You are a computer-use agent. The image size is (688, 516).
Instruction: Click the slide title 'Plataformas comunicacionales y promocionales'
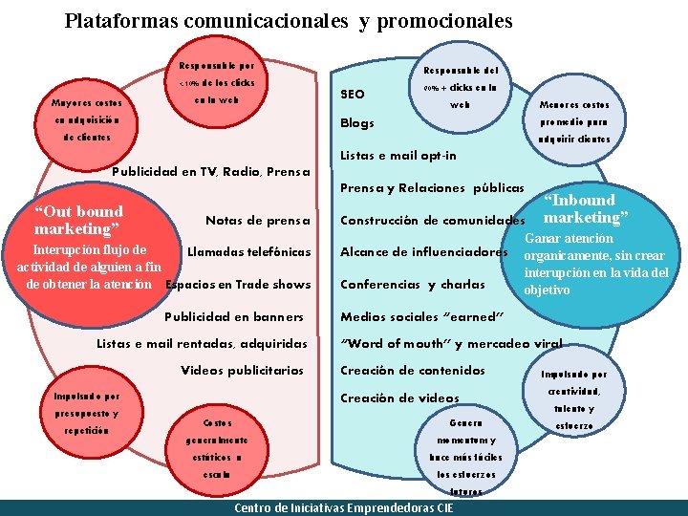point(289,20)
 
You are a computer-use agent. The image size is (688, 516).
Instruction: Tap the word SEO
point(353,94)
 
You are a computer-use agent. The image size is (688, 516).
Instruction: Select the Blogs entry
point(357,122)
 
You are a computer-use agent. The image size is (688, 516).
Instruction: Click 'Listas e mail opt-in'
point(398,156)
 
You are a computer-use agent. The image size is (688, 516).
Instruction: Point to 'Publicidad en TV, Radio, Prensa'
point(212,172)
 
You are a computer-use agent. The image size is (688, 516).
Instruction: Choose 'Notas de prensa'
point(258,221)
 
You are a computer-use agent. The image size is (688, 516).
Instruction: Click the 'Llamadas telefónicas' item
point(249,252)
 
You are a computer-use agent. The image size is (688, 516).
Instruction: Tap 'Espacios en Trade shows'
point(238,284)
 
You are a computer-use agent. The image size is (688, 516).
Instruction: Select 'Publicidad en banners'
point(235,316)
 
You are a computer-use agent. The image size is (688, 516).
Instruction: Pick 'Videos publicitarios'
point(243,370)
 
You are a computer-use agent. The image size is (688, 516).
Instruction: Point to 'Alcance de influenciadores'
point(424,252)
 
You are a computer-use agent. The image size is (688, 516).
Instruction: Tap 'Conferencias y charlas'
point(413,284)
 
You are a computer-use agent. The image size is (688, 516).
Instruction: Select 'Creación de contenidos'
point(413,370)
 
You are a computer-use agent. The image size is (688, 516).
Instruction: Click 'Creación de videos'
point(400,398)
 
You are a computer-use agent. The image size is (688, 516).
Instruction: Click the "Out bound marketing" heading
point(78,220)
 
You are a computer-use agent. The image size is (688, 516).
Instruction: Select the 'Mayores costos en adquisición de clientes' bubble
point(86,119)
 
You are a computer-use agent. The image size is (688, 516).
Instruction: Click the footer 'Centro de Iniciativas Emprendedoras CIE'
point(344,507)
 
